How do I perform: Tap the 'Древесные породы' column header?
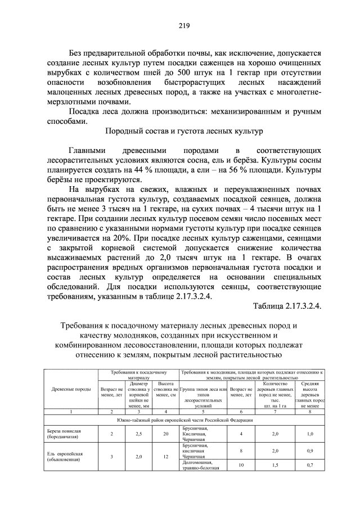click(70, 389)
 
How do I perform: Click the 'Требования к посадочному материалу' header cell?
click(138, 375)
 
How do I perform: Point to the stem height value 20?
click(165, 434)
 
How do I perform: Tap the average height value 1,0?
click(309, 434)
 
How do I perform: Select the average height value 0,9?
click(309, 451)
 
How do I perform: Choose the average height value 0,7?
click(309, 465)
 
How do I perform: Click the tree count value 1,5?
click(275, 465)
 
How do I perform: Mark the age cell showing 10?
click(240, 465)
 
